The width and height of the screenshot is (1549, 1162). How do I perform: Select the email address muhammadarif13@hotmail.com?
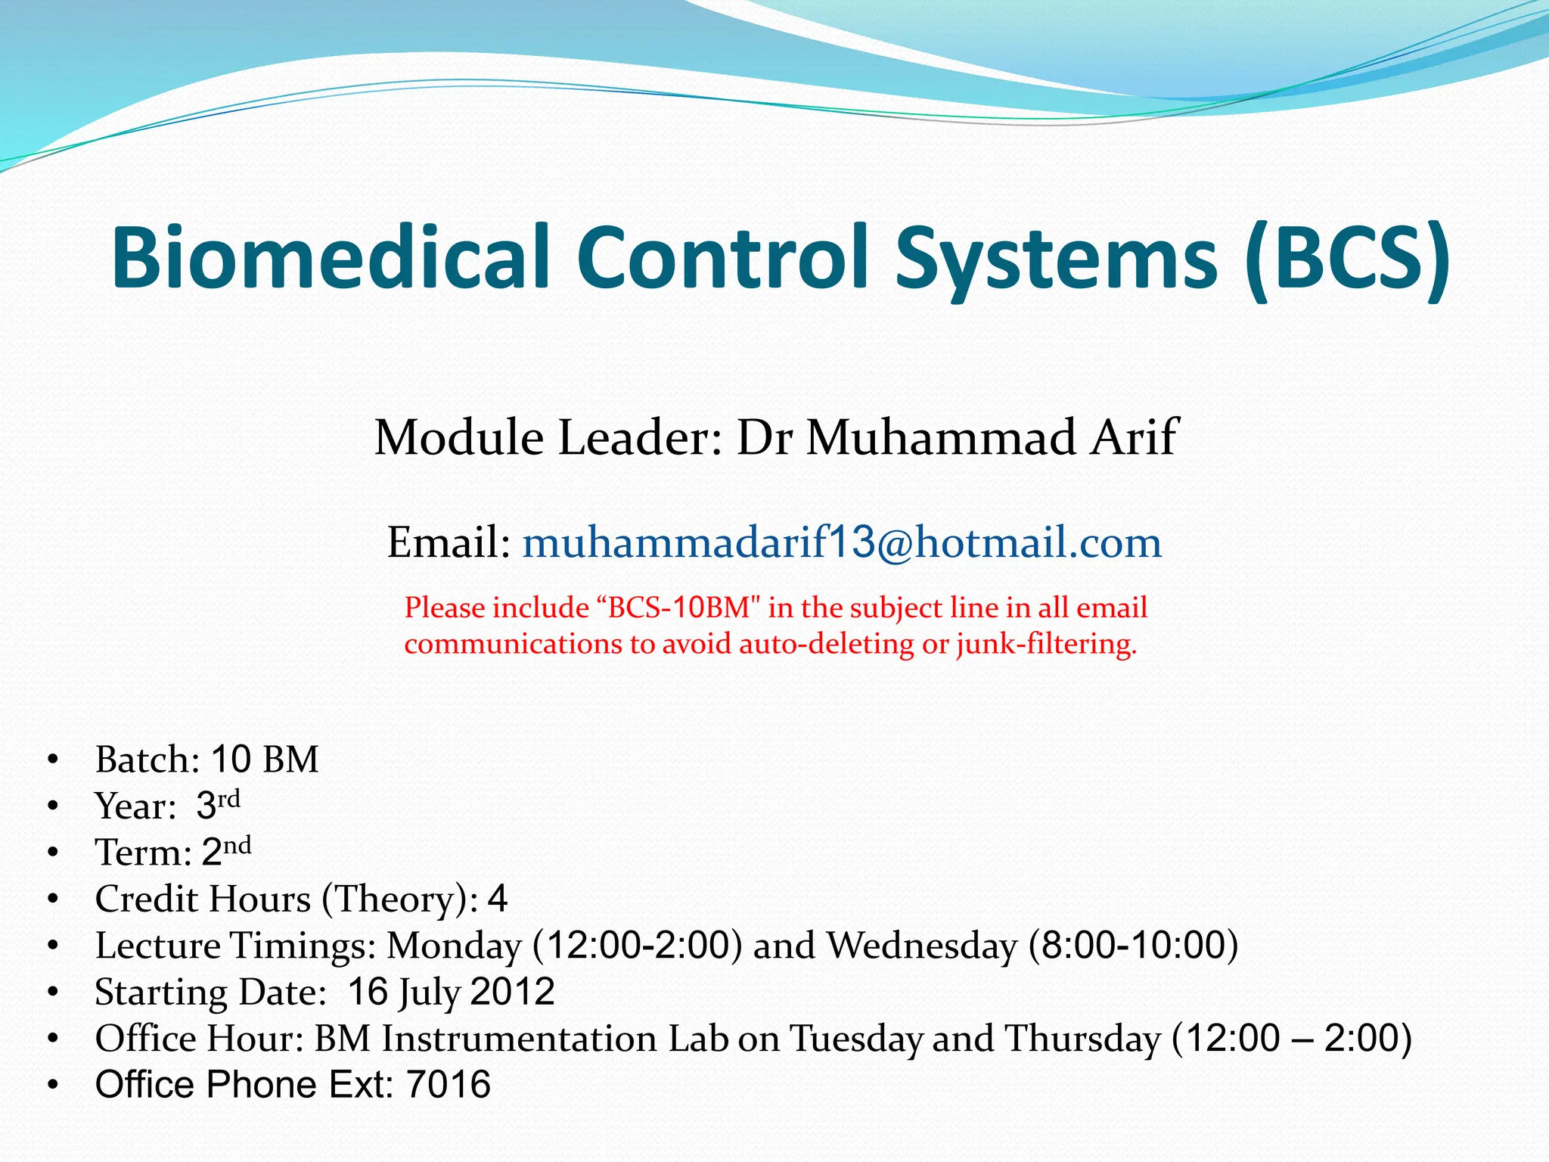(x=842, y=542)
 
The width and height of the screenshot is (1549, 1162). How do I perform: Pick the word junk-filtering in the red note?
(x=1046, y=645)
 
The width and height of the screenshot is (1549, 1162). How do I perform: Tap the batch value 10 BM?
(x=265, y=759)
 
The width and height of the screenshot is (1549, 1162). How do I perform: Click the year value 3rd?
(x=218, y=804)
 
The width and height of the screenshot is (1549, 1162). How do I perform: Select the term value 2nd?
(x=226, y=851)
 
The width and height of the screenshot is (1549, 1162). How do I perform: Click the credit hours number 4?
(x=498, y=899)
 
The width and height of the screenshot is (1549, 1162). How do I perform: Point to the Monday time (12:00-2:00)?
(x=638, y=946)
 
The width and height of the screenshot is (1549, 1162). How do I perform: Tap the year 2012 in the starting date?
(x=513, y=992)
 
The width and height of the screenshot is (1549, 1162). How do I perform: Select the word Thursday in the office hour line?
(x=1082, y=1039)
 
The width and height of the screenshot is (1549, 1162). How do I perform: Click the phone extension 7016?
(x=449, y=1085)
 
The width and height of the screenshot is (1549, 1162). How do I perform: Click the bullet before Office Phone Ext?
(x=52, y=1086)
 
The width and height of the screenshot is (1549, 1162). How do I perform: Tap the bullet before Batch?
(x=52, y=760)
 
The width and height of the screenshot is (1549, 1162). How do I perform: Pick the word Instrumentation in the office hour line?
(x=519, y=1039)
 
